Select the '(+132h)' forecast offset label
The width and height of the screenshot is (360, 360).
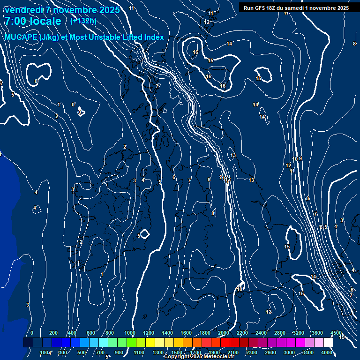(83, 21)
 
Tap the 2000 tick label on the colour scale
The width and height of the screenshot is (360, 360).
(223, 333)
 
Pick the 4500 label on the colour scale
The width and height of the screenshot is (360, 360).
(336, 333)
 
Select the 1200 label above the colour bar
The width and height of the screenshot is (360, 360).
(149, 333)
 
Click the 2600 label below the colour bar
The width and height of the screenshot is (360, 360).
(270, 352)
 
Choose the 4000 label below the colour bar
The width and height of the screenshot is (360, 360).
(327, 352)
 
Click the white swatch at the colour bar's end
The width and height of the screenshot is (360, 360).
(328, 343)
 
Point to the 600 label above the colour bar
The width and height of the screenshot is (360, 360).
(91, 333)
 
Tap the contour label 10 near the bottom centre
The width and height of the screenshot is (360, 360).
(240, 289)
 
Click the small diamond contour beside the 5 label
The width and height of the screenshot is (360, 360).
(145, 233)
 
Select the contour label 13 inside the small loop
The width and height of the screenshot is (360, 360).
(233, 155)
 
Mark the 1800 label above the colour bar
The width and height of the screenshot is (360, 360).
(205, 333)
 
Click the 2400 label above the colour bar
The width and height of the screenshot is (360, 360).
(261, 333)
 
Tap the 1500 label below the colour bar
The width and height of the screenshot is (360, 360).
(176, 352)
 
